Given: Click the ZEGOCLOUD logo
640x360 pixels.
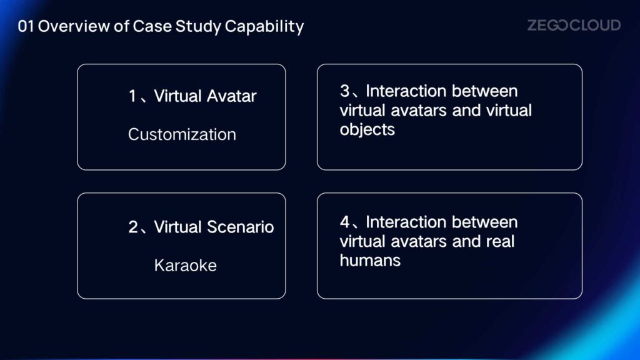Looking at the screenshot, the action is [574, 25].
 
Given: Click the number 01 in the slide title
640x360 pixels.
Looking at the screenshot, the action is [26, 26].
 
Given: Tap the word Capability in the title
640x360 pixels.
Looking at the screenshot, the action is [264, 27].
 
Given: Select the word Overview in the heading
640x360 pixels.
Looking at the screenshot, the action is [74, 26].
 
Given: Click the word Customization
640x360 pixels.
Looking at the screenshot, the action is [182, 134].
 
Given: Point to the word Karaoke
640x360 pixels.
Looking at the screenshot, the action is [185, 265].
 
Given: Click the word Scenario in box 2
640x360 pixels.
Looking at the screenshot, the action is [240, 227].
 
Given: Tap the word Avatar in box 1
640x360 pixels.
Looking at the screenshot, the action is [231, 96].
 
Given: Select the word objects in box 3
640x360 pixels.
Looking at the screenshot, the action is [367, 130].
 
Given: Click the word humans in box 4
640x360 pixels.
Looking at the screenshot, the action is [370, 261].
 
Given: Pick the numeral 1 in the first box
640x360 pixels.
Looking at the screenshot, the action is [132, 96].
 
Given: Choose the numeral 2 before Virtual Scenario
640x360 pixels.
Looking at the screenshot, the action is [133, 227].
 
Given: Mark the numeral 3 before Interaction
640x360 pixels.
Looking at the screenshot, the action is [345, 91].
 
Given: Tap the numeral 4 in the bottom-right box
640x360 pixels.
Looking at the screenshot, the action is [345, 222].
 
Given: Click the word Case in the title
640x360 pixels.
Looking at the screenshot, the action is [152, 26].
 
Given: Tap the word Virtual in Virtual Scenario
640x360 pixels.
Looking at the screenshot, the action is [178, 227].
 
